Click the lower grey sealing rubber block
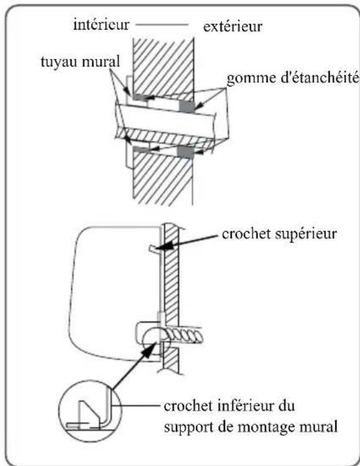(x=187, y=152)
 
